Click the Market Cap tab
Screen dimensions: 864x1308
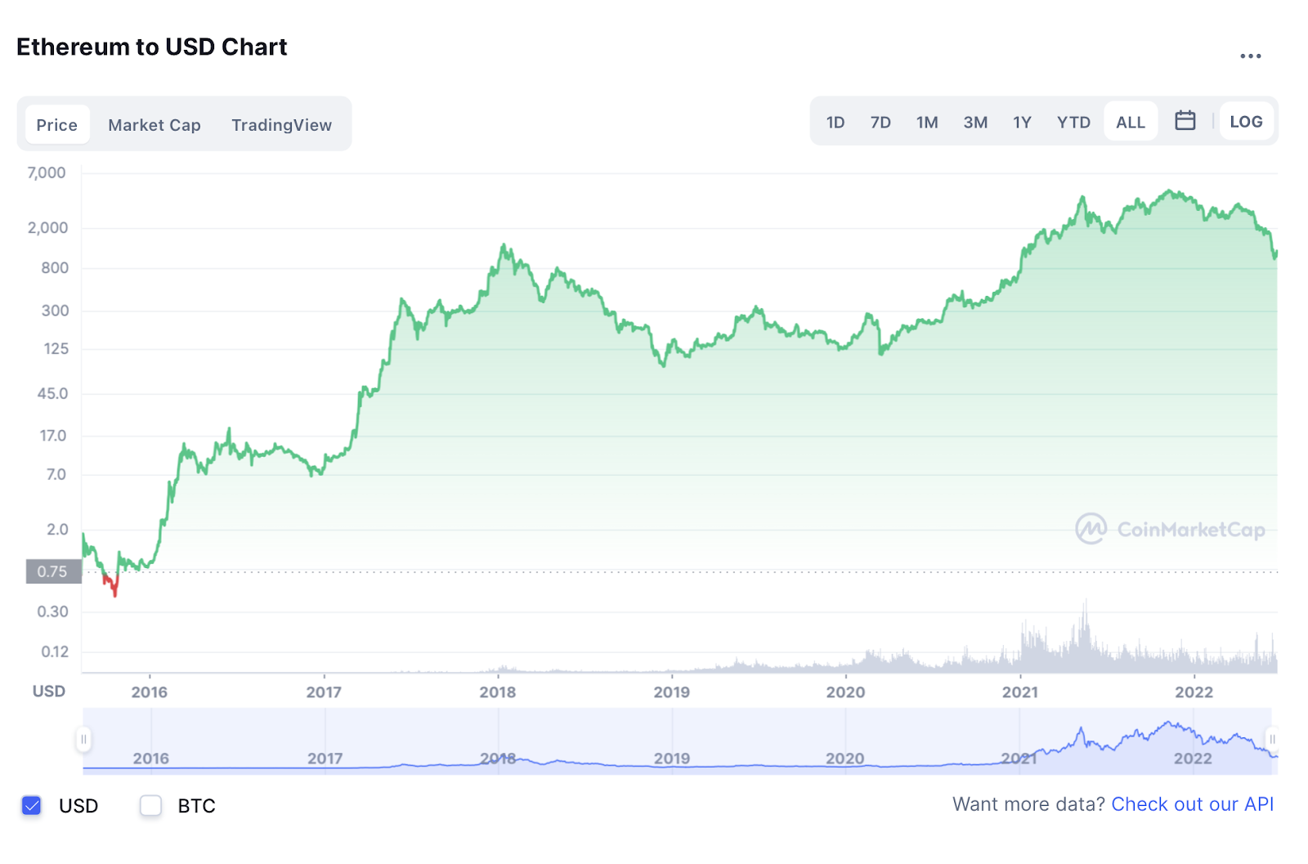(x=154, y=125)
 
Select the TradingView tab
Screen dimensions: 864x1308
(x=281, y=125)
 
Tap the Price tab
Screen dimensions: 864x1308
(x=57, y=125)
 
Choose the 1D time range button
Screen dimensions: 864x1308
(x=835, y=123)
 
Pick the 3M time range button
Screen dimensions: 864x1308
(x=974, y=123)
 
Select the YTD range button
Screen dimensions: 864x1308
(x=1073, y=123)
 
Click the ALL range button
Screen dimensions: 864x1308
(x=1130, y=123)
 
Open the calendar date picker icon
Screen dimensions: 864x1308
(x=1185, y=121)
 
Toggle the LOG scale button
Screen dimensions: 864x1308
(x=1246, y=122)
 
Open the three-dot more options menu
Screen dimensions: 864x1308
(x=1250, y=56)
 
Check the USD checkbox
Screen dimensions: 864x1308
(x=32, y=805)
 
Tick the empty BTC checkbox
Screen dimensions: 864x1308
(x=150, y=805)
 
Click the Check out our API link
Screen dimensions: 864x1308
(x=1192, y=804)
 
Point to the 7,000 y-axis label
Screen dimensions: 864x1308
(x=47, y=172)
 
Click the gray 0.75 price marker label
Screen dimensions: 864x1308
(x=53, y=571)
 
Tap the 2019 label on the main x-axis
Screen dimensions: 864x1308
(x=671, y=692)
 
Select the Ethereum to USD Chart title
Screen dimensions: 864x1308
(x=152, y=47)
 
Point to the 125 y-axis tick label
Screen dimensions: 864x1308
(x=56, y=349)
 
